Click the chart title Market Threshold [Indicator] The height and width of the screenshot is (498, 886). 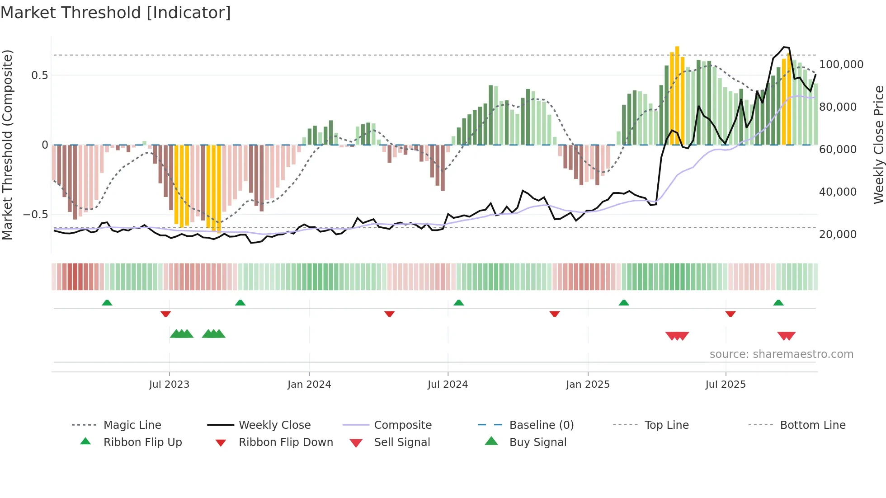coord(116,13)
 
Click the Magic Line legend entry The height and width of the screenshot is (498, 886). coord(132,425)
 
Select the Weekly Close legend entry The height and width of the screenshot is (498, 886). coord(274,425)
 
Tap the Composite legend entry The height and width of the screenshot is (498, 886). coord(402,425)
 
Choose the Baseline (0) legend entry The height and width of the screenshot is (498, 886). coord(541,425)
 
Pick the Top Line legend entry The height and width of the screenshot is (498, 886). coord(666,425)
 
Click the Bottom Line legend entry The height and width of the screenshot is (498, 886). coord(812,425)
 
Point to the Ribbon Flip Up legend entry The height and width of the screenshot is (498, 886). coord(142,442)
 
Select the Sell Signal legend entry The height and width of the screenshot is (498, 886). coord(401,442)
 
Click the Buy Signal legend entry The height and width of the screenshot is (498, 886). coord(537,442)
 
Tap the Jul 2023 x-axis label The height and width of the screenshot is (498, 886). coord(169,385)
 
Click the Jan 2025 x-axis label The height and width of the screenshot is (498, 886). coord(588,385)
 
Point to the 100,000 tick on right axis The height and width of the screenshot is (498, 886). coord(841,65)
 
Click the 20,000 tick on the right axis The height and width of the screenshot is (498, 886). coord(838,235)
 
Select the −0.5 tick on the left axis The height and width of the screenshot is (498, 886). coord(35,215)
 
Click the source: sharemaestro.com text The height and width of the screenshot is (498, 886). coord(781,354)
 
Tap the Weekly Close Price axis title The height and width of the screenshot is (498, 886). coord(878,145)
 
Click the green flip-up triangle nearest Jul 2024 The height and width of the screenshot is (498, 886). coord(458,303)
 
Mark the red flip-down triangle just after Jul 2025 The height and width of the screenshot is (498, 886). coord(730,314)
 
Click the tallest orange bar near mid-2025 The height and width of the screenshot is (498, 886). coord(677,95)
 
